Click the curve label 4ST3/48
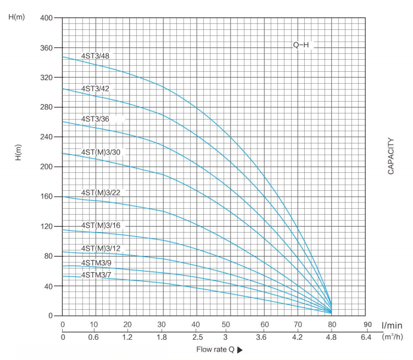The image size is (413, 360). point(95,56)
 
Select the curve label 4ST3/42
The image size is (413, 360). point(95,89)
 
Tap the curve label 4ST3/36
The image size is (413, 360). point(95,119)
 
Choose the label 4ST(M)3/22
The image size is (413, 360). point(101,193)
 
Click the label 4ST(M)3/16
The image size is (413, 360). point(101,225)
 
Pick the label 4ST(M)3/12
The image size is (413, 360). point(101,248)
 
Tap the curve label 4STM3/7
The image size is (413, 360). point(96,274)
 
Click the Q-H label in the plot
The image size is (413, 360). point(301,45)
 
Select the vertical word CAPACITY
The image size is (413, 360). point(391,155)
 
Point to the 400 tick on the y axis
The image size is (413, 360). point(47,18)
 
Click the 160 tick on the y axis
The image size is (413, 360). point(47,197)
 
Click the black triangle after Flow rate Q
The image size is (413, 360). point(240,350)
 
